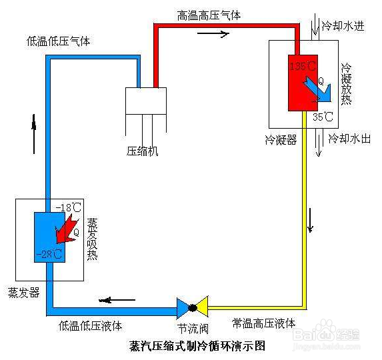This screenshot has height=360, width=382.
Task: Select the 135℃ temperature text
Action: (x=303, y=66)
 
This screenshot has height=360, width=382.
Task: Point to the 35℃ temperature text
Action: (x=323, y=118)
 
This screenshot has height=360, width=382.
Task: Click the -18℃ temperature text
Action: (x=70, y=207)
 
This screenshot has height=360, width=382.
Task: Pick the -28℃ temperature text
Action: (x=51, y=254)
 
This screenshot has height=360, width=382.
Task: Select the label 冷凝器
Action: (x=281, y=141)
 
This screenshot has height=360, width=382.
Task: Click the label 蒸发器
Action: (x=23, y=293)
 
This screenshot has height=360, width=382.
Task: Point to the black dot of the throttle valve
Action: (x=192, y=308)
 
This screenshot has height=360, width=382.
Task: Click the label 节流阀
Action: (x=192, y=329)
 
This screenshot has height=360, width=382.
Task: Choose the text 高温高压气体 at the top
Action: (x=209, y=15)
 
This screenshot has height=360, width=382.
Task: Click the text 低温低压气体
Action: (x=59, y=41)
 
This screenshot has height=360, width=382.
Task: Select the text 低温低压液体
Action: (x=90, y=326)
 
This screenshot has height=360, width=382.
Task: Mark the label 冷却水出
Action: (x=349, y=139)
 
